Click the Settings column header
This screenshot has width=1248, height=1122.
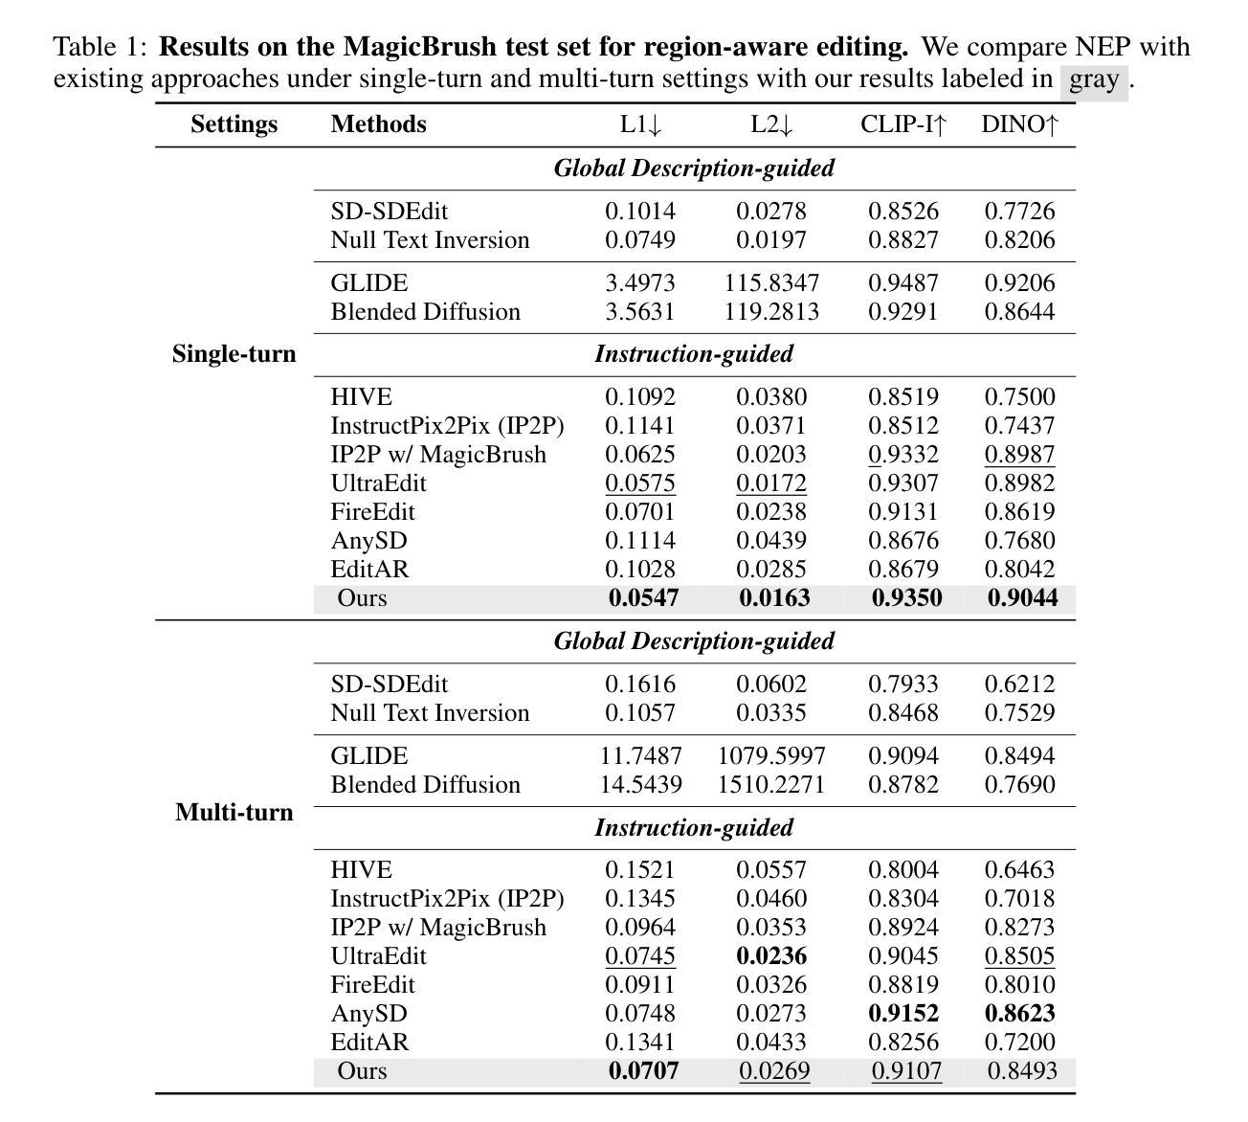point(234,124)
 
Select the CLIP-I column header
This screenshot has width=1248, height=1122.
point(903,124)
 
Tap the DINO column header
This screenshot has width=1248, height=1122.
point(1019,124)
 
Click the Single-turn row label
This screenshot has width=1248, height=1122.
point(234,354)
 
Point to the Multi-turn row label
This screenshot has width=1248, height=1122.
point(234,813)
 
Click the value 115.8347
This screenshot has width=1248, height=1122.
point(771,283)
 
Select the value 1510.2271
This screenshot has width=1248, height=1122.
point(771,785)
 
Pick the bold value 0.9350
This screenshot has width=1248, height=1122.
point(906,598)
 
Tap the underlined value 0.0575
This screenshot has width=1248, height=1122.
point(639,483)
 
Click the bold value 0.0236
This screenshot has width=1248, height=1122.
point(771,956)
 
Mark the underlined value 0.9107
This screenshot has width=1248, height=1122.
point(905,1071)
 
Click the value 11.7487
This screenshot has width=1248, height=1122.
point(640,756)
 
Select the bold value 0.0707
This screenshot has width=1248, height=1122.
point(643,1071)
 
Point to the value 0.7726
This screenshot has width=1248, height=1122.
point(1019,212)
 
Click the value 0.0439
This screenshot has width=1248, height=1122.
point(771,541)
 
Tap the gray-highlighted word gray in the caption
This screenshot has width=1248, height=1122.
point(1093,79)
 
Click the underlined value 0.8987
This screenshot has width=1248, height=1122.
point(1019,455)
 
